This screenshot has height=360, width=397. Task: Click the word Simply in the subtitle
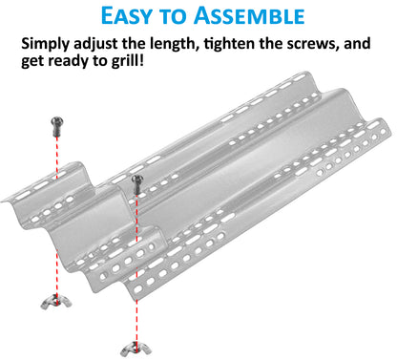click(48, 46)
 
